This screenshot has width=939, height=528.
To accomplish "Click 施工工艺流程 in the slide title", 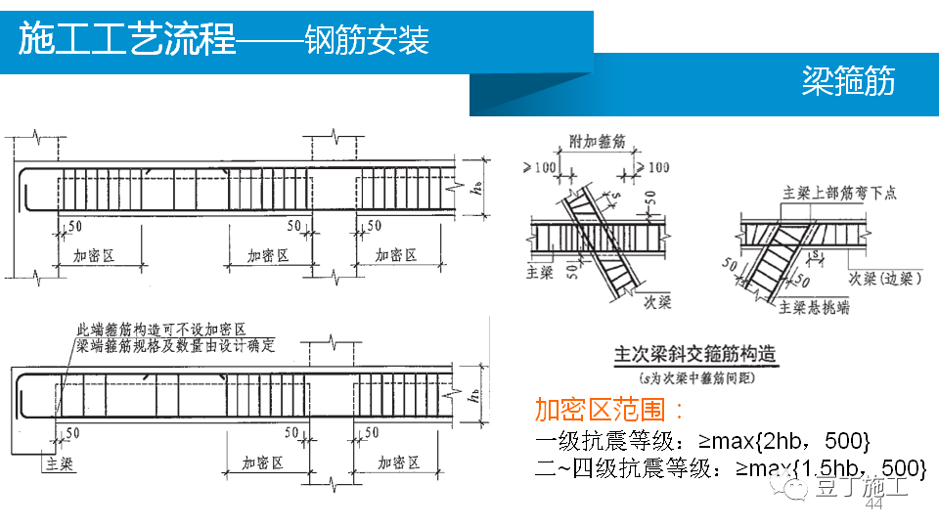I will pos(127,41).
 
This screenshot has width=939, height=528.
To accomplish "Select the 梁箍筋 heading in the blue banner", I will pos(847,82).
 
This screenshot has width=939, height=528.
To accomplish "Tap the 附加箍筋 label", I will pos(598,143).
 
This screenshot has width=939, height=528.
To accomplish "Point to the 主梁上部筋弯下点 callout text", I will pos(839,194).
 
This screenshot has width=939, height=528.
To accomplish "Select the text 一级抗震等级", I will pos(595,440).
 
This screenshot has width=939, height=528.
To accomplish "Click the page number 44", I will pos(873,505).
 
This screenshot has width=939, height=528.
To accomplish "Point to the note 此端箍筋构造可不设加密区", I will pos(160,330).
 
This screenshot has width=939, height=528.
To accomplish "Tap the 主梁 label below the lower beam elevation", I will pos(58,462).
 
